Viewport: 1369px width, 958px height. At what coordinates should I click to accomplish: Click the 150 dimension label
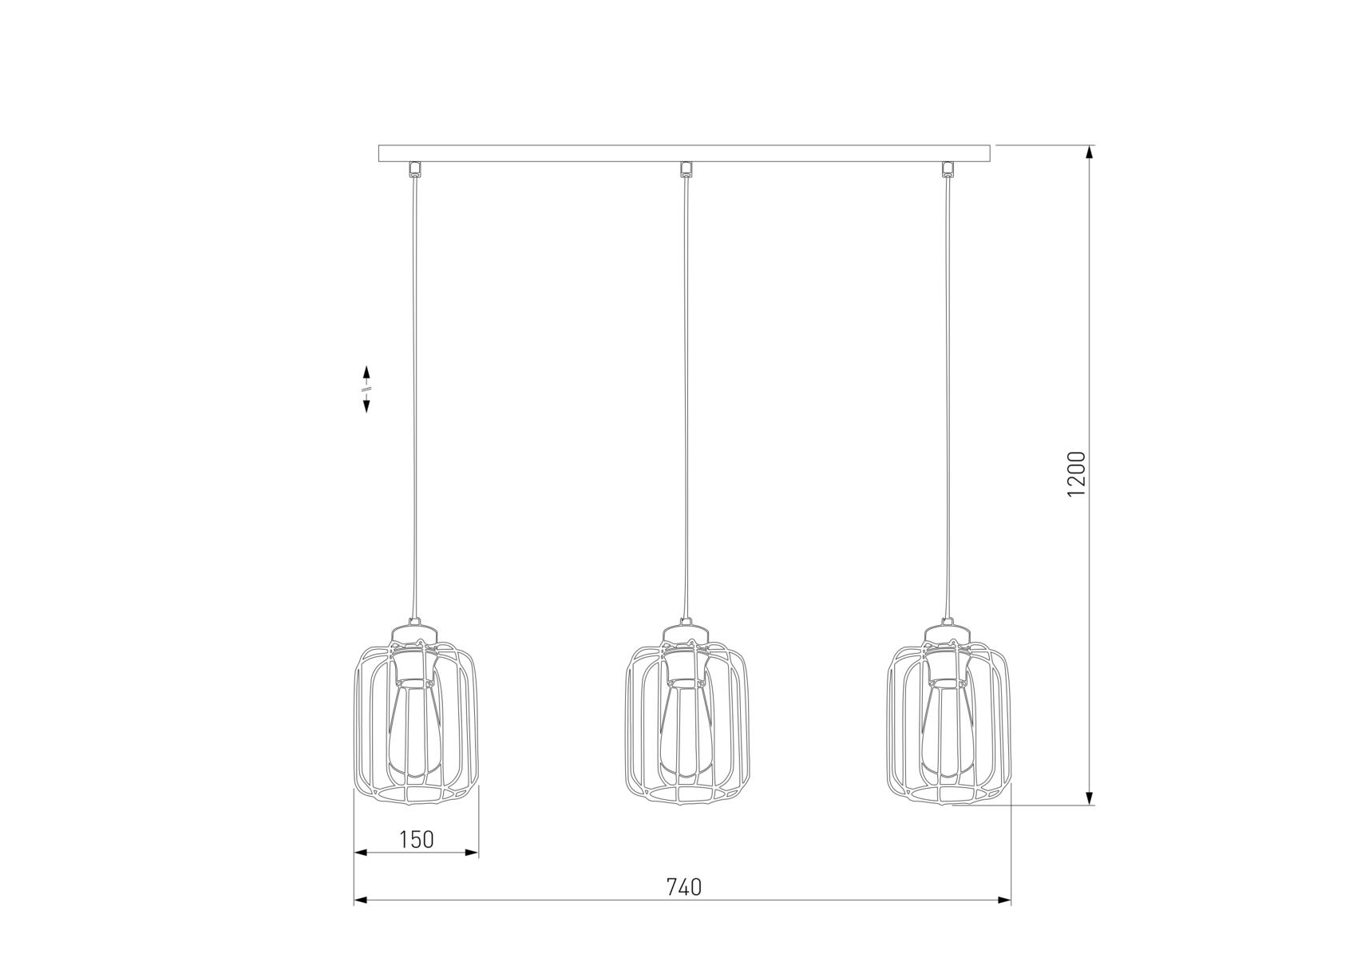(x=416, y=839)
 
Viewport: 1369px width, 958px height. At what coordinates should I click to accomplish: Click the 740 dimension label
(x=683, y=887)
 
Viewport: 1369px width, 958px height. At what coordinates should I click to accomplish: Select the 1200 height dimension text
(x=1077, y=473)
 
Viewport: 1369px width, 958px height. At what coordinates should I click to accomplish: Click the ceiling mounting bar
(x=684, y=153)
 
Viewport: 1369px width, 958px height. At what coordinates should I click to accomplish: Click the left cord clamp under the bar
(x=413, y=168)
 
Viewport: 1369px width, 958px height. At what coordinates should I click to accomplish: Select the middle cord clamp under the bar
(x=685, y=168)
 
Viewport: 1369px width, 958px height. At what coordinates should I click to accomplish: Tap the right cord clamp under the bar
(x=948, y=168)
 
